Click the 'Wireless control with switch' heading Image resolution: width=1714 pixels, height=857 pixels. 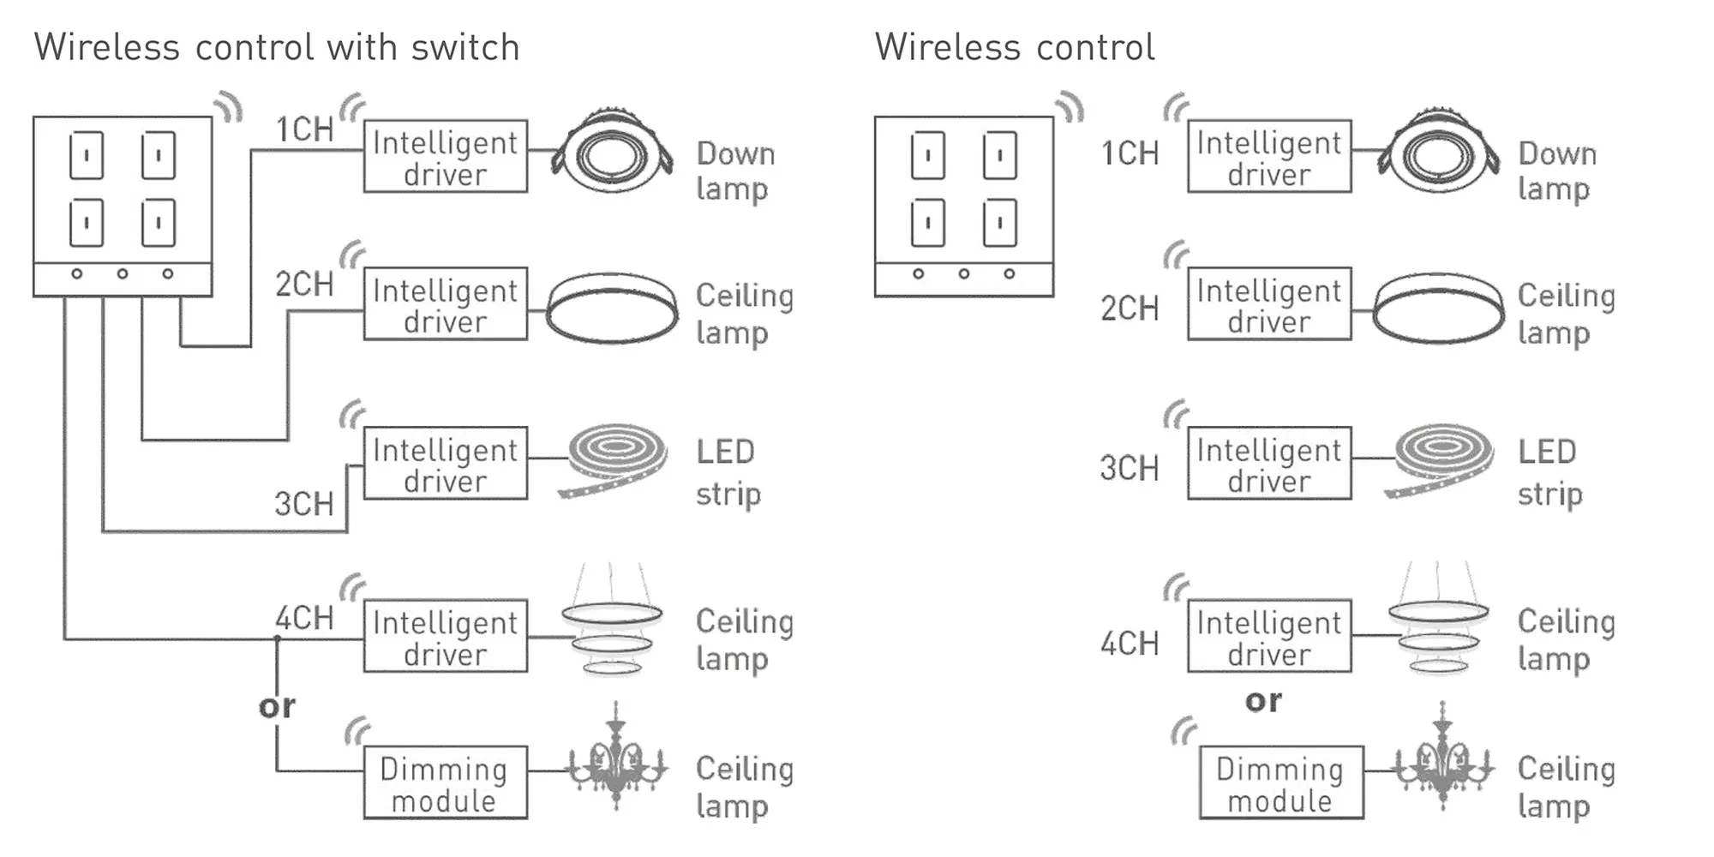(277, 47)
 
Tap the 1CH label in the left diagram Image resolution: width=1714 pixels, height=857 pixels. (304, 129)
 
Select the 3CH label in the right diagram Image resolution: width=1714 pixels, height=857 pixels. (1130, 468)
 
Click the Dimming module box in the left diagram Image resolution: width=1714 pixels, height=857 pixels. (445, 782)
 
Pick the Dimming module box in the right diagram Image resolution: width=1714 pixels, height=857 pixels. (1280, 782)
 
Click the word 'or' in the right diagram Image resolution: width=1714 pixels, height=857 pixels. (1263, 701)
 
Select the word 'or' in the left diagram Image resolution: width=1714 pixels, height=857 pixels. (277, 706)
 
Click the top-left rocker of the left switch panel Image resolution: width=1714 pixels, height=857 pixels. (87, 155)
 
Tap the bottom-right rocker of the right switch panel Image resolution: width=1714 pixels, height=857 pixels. (999, 223)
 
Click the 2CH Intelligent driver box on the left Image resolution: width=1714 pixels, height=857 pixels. (445, 304)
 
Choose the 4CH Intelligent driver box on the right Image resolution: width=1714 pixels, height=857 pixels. (1269, 636)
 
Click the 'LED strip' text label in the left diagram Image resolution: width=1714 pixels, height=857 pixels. (728, 472)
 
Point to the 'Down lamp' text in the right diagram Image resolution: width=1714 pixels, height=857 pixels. (1556, 171)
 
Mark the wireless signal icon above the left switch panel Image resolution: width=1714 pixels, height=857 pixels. (228, 107)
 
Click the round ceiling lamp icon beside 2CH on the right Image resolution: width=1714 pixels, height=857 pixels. (1438, 309)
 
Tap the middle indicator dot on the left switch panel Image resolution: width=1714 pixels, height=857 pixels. (123, 273)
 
